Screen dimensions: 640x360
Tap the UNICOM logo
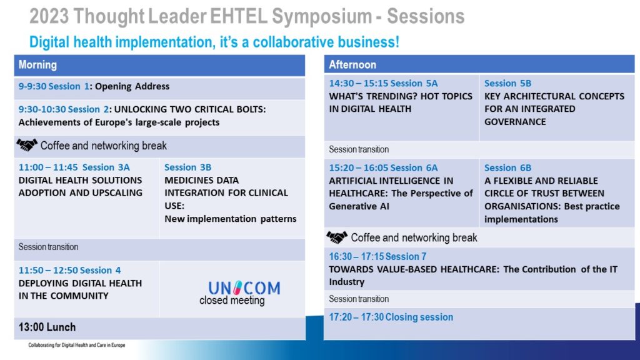point(244,287)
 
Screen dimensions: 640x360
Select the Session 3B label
point(187,167)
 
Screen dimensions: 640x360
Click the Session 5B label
point(507,83)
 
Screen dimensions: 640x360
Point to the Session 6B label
point(507,167)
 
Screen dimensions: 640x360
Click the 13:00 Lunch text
point(47,327)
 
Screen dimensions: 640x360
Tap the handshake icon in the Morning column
point(27,145)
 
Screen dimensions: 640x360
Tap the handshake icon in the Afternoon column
point(337,237)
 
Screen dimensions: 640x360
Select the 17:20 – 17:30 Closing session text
point(391,317)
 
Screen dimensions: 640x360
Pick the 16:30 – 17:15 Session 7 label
point(377,256)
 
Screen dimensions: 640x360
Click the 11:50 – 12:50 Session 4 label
point(69,270)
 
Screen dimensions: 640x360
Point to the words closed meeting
point(232,301)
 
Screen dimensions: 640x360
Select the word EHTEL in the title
point(239,17)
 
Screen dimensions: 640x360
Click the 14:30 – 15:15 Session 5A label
point(383,83)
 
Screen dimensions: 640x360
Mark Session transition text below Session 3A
point(48,247)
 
